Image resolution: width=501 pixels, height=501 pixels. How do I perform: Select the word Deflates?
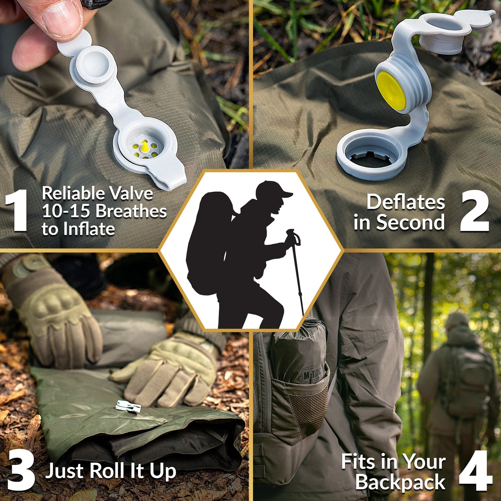(x=406, y=202)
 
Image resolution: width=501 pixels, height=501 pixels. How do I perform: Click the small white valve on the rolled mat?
(x=128, y=406)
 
